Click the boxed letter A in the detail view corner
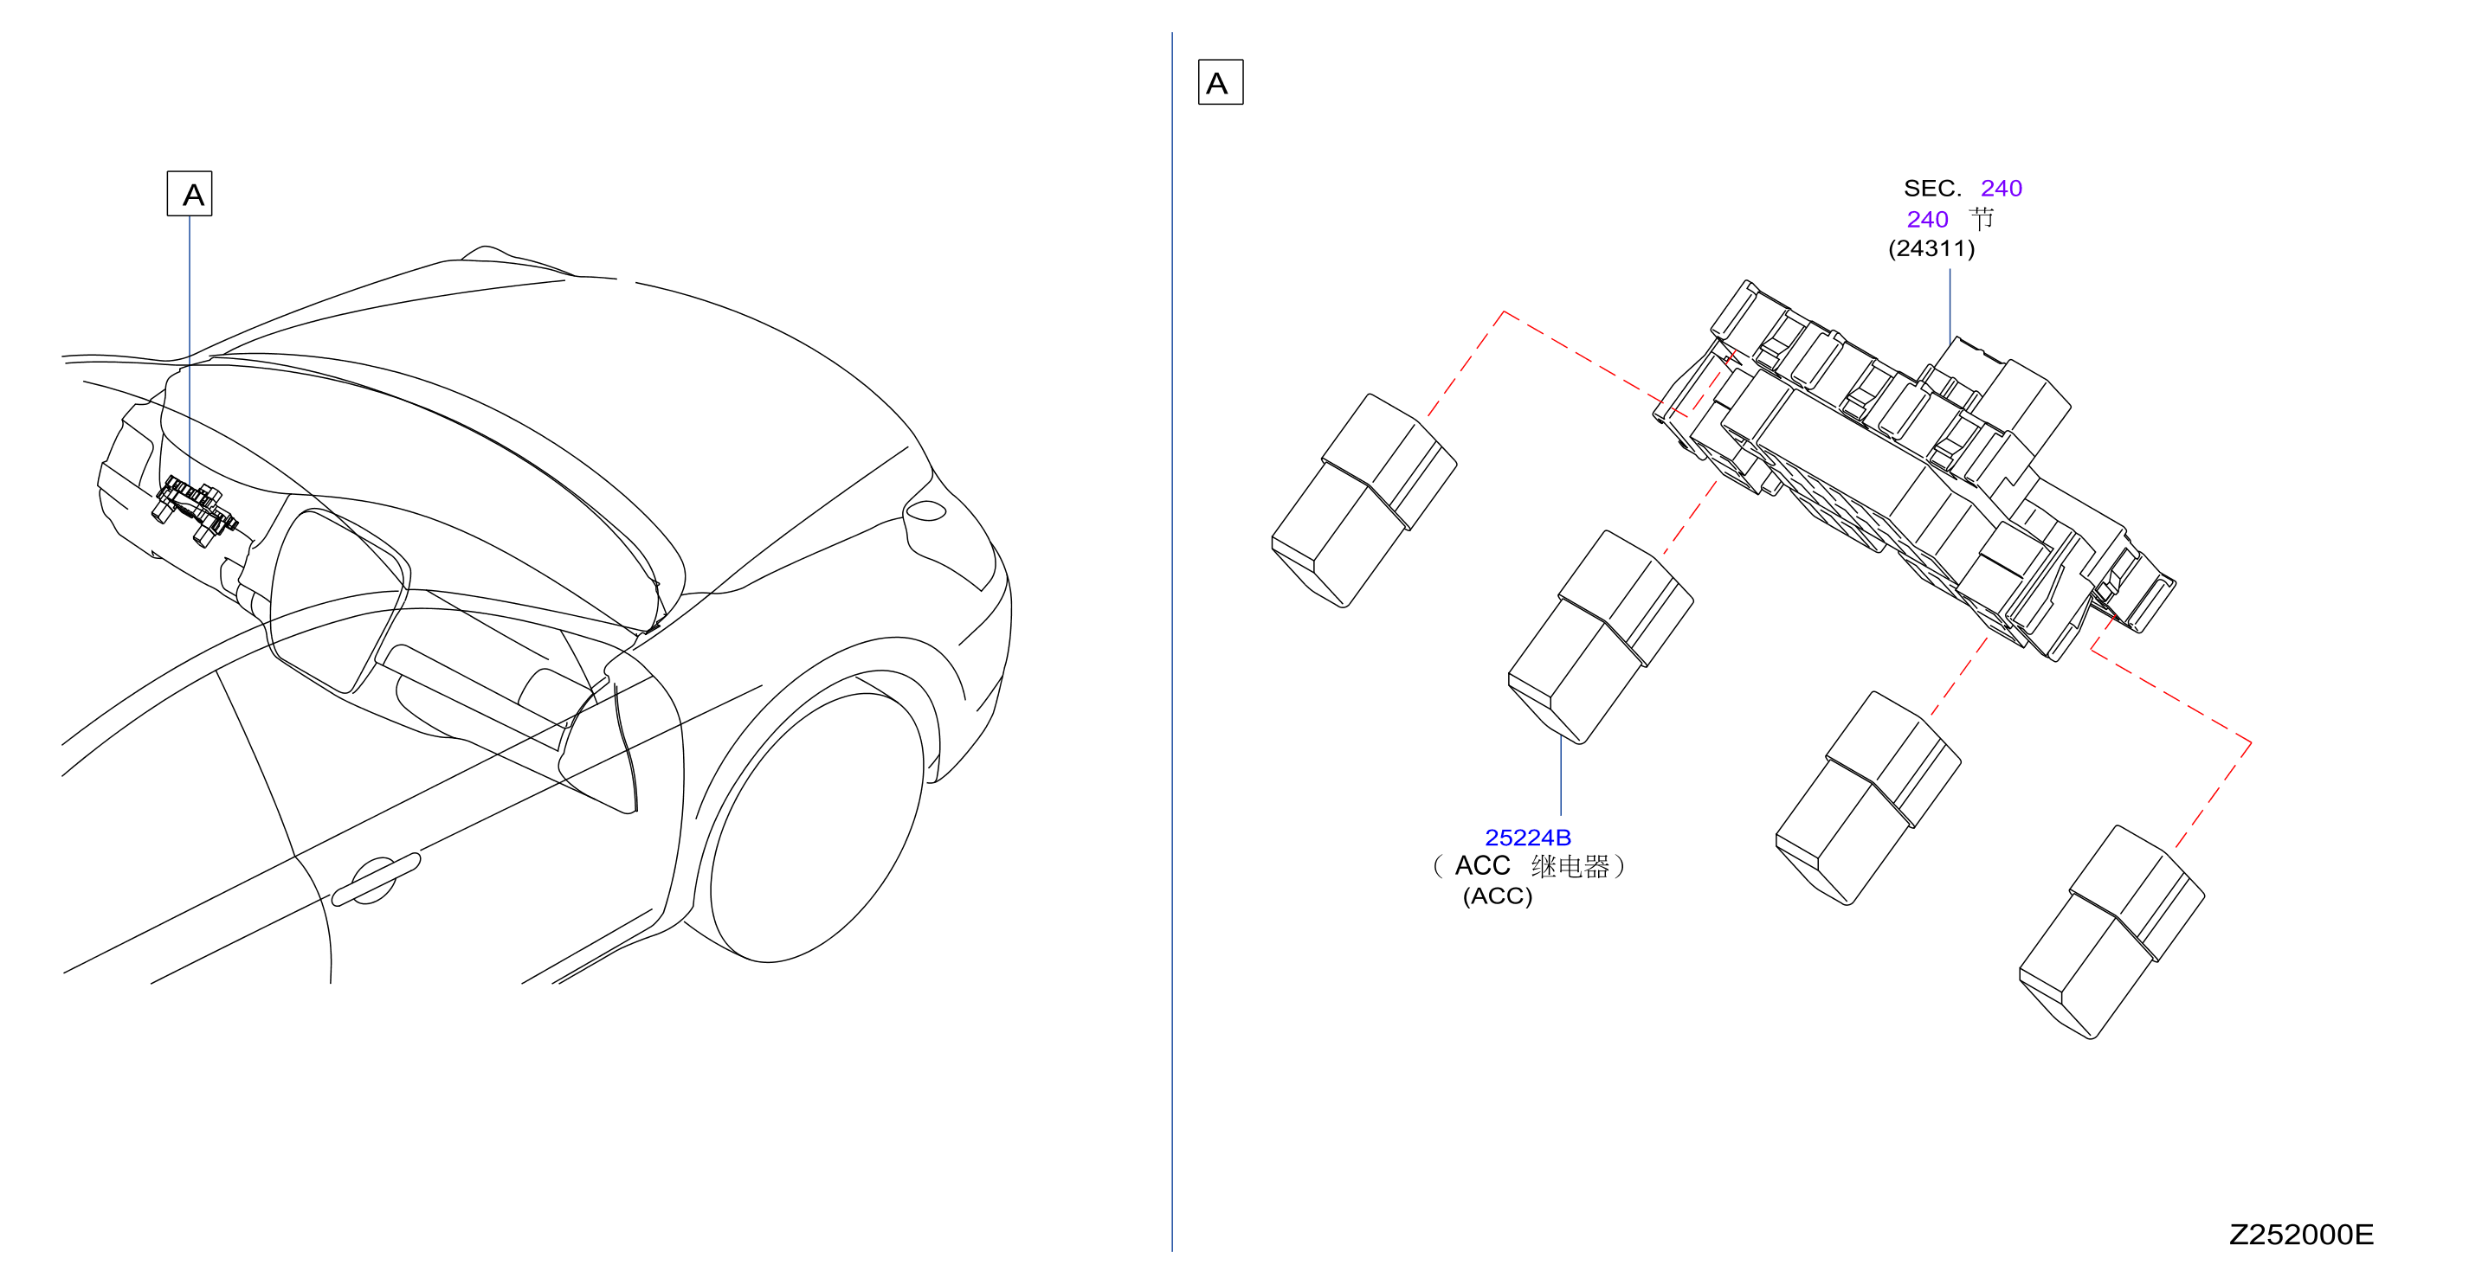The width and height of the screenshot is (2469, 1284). coord(1220,82)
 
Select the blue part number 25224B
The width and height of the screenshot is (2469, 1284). coord(1528,838)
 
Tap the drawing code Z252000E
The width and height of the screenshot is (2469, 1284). coord(2301,1234)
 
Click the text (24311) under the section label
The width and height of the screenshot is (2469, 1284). coord(1931,248)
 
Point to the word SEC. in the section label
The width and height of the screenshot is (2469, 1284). coord(1932,188)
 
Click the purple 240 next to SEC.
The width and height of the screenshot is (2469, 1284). coord(2002,188)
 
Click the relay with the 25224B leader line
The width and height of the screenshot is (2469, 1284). coord(1601,637)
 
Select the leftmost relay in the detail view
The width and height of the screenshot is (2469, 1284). coord(1363,500)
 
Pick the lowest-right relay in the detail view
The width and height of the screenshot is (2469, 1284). coord(2111,933)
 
